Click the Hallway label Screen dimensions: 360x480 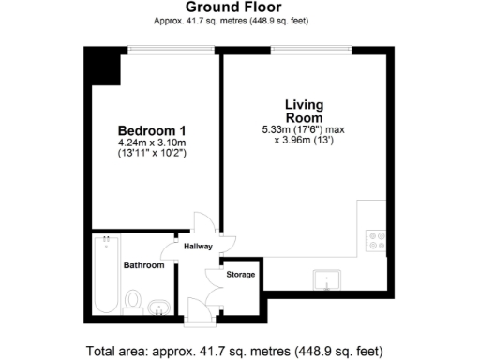tap(198, 247)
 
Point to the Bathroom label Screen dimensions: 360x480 tap(143, 265)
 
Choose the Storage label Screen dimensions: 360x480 tap(241, 275)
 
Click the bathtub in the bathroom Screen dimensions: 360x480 tap(103, 276)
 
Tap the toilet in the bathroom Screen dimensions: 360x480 tap(134, 301)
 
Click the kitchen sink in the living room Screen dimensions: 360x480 tap(330, 279)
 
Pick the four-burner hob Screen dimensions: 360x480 tap(378, 242)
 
